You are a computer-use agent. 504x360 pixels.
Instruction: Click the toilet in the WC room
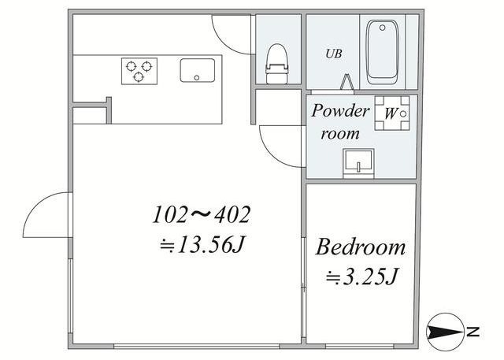[276, 64]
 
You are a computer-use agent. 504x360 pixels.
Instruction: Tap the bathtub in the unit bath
[383, 52]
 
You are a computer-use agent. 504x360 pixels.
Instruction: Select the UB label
[334, 54]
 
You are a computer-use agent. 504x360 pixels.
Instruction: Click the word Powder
[340, 111]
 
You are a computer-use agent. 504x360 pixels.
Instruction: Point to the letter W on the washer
[391, 113]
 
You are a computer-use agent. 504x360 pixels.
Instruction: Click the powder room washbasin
[358, 163]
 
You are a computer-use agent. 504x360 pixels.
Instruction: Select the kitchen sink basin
[198, 70]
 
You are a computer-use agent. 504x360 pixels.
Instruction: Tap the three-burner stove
[139, 71]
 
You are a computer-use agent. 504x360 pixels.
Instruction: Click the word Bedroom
[361, 247]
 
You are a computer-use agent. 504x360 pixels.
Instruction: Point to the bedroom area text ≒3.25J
[362, 276]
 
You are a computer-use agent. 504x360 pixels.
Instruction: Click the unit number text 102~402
[202, 215]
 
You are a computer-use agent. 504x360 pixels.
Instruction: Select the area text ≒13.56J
[202, 246]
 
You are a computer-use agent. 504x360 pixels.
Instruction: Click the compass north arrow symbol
[445, 332]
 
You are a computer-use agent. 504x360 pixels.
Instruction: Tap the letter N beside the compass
[472, 332]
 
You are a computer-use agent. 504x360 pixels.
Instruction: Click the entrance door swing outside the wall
[47, 215]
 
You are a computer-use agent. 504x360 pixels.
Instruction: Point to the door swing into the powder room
[282, 147]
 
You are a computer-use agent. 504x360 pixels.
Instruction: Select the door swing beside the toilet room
[231, 34]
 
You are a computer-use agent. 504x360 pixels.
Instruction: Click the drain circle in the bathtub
[382, 28]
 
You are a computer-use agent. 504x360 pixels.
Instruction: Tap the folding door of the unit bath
[346, 82]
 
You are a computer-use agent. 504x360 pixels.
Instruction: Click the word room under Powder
[339, 134]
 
